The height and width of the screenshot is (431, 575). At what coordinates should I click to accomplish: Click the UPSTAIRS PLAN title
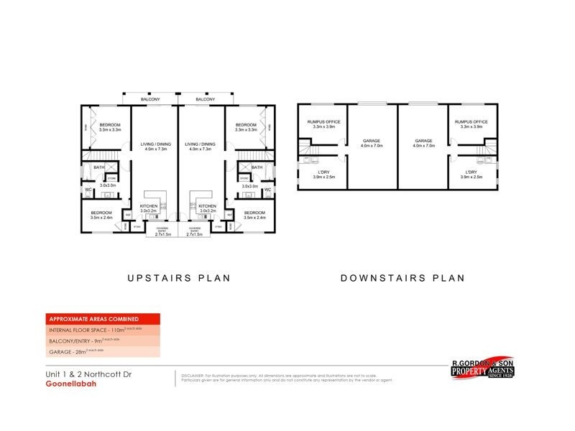[179, 278]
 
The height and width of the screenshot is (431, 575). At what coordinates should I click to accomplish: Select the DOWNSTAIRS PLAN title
[402, 278]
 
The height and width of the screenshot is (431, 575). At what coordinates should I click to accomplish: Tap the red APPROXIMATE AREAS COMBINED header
[93, 319]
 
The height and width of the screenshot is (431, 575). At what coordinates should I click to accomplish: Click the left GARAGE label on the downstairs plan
[372, 141]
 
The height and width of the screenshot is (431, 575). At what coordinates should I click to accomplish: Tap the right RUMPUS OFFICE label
[471, 122]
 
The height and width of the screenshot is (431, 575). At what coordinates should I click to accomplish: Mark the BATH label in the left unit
[98, 167]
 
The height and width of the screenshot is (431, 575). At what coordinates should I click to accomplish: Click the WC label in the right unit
[267, 190]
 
